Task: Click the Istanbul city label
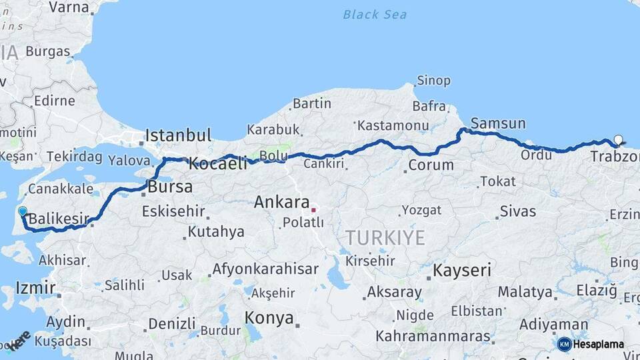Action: pos(178,135)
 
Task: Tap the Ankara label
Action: pos(281,202)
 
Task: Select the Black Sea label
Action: pos(375,15)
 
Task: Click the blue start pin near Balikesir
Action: pos(23,212)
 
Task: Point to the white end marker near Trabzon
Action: pos(618,140)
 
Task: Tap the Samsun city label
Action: pos(498,123)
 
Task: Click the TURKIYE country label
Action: pos(385,238)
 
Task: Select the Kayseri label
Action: pos(462,271)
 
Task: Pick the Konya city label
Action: pos(269,318)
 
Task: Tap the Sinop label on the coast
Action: pos(433,81)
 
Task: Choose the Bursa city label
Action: pos(170,187)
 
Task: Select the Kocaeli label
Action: pos(218,163)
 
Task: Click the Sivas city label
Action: pos(518,212)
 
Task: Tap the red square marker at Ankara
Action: pos(313,210)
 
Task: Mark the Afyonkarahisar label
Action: pos(265,270)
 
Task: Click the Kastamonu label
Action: pos(392,125)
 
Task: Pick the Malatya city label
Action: pos(525,292)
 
